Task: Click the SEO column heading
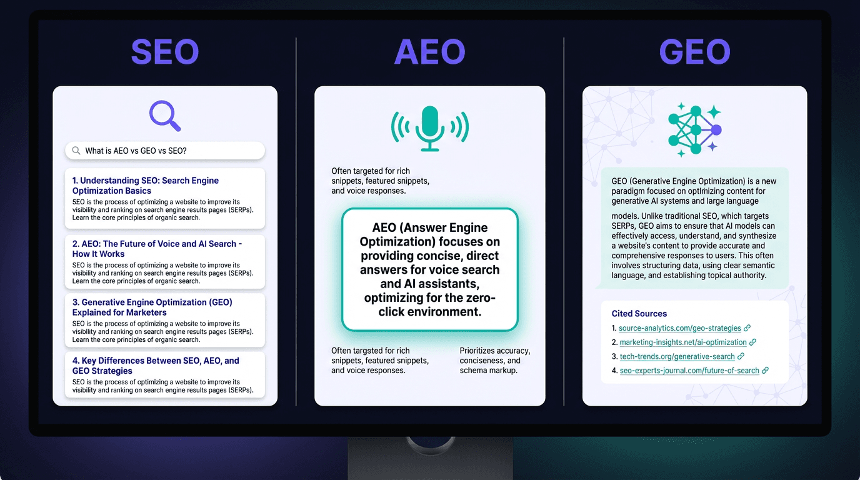[x=165, y=52]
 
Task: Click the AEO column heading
[x=429, y=52]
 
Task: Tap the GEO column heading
[x=694, y=52]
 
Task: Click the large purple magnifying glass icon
[x=165, y=116]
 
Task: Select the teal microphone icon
[x=429, y=128]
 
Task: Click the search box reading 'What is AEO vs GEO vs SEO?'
[x=165, y=151]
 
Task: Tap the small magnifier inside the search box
[x=76, y=151]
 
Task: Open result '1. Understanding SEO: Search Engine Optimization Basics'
[x=145, y=186]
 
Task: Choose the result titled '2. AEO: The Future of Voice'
[x=157, y=249]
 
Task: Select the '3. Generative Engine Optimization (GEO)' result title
[x=152, y=307]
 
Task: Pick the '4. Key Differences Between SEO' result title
[x=156, y=366]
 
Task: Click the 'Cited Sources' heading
[x=639, y=314]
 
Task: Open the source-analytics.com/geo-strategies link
[x=679, y=328]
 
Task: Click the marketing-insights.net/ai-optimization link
[x=682, y=342]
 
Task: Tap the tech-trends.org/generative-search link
[x=677, y=356]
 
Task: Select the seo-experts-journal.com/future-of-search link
[x=689, y=371]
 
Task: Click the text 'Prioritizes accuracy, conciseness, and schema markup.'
[x=495, y=361]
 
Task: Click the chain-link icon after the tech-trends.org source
[x=741, y=356]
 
